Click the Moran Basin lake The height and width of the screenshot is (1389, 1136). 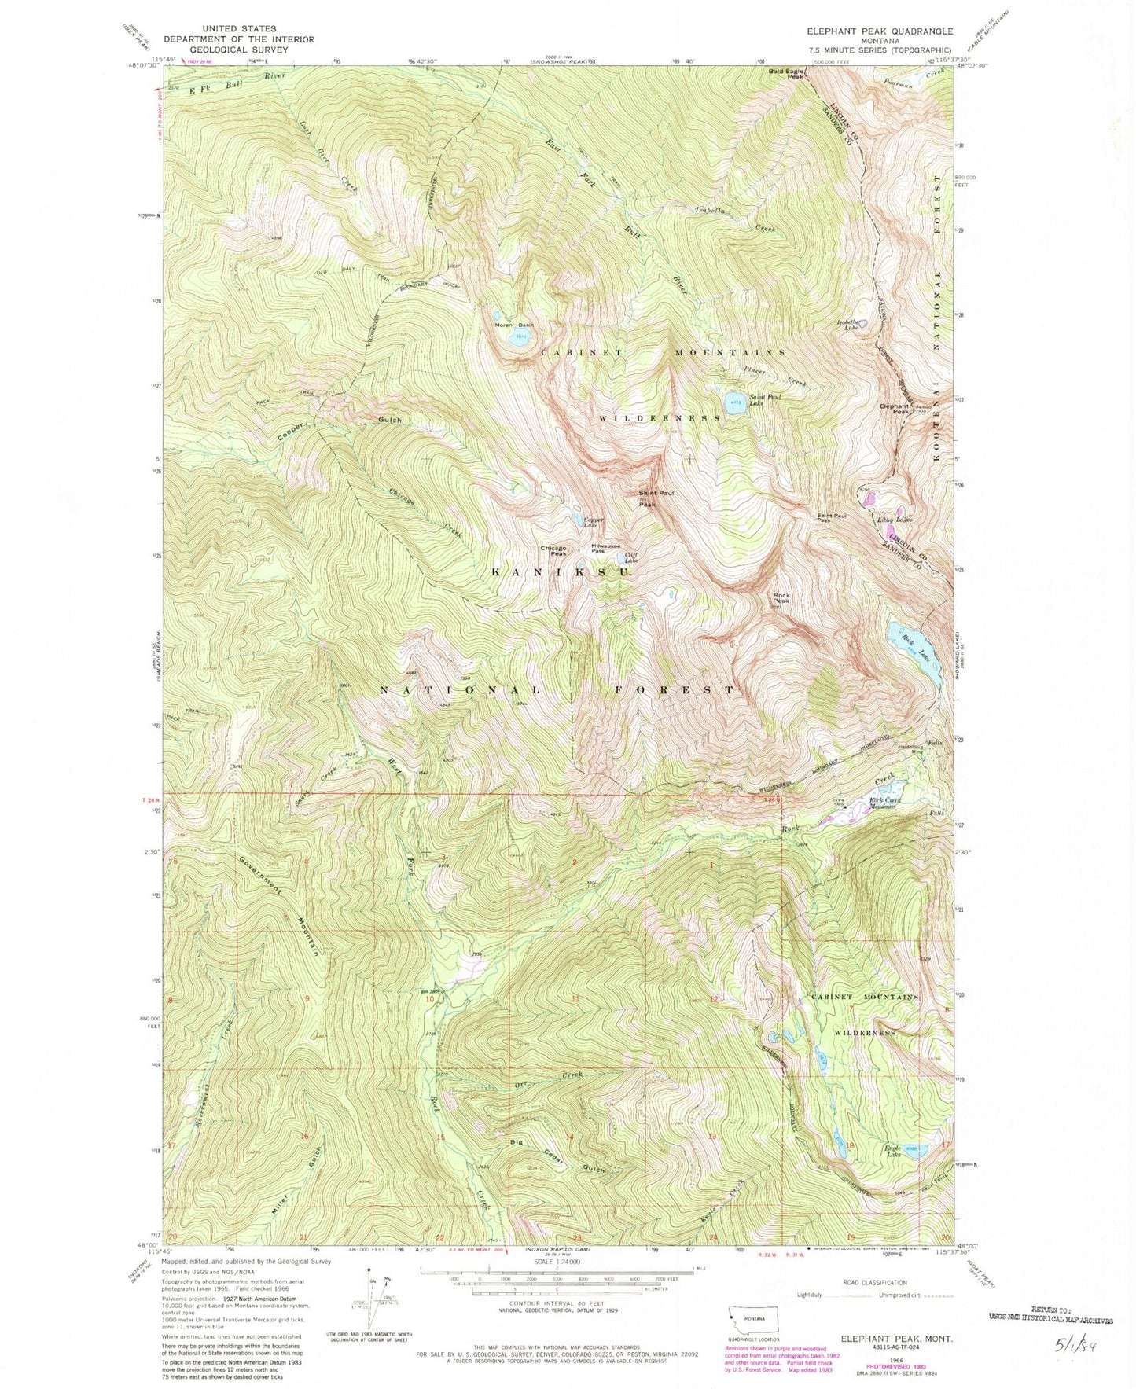[x=518, y=338]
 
